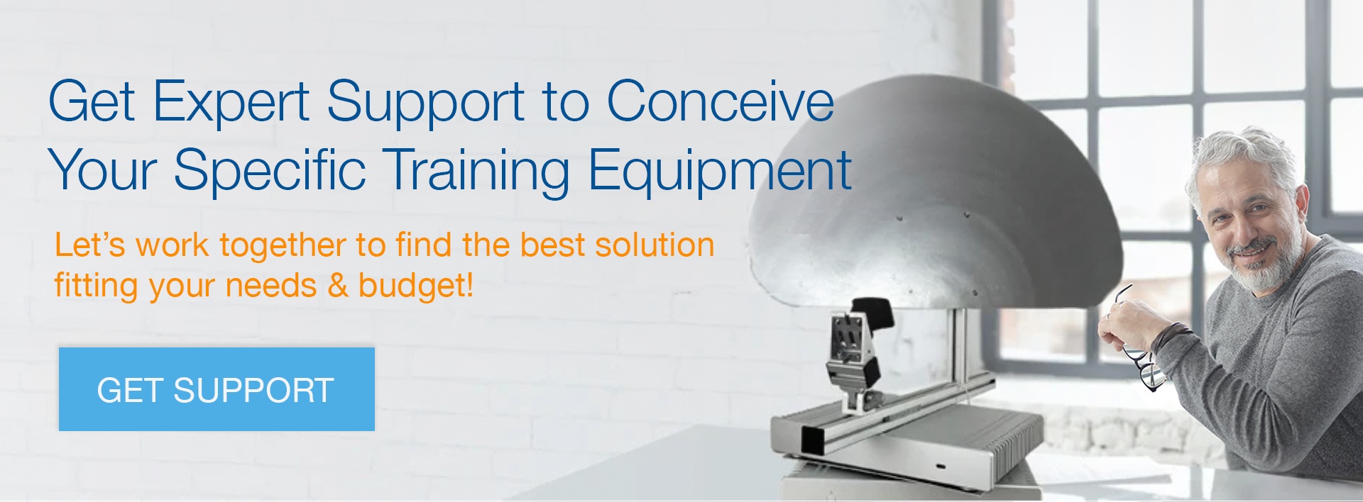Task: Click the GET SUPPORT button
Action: [217, 389]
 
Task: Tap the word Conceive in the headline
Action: [720, 101]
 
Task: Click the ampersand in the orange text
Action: [338, 285]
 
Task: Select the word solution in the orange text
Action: [655, 245]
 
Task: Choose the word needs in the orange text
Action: [270, 286]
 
